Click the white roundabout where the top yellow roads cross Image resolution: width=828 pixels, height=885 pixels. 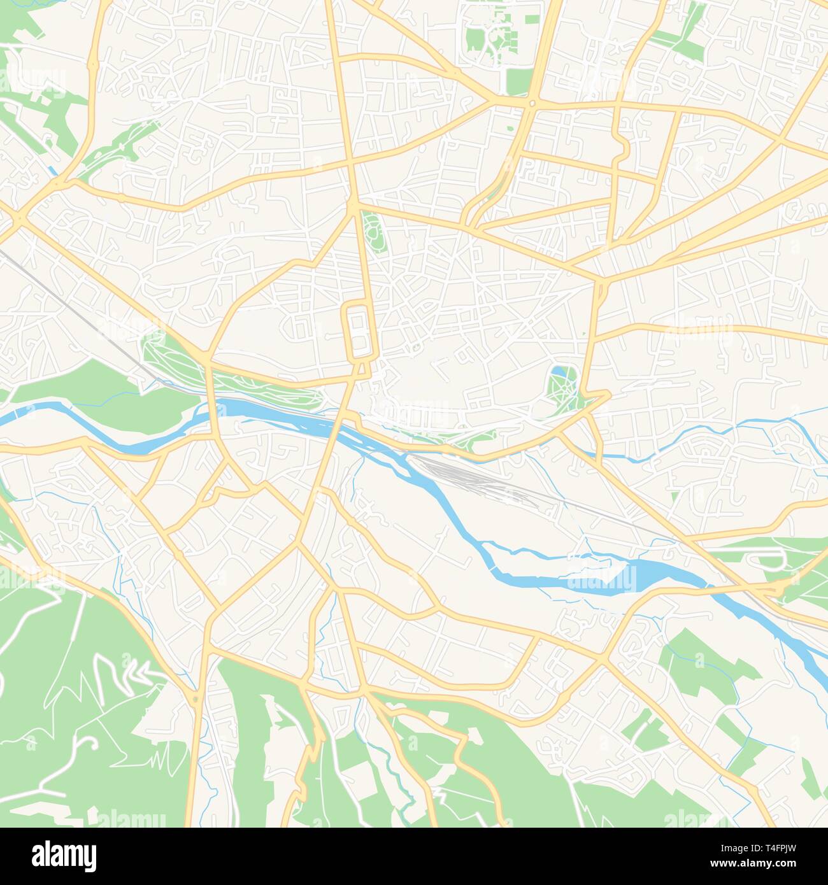[532, 102]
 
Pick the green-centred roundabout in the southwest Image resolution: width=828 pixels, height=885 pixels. [195, 700]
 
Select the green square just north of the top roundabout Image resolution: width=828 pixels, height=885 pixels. [520, 81]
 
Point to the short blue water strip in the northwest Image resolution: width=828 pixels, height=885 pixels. [52, 171]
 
